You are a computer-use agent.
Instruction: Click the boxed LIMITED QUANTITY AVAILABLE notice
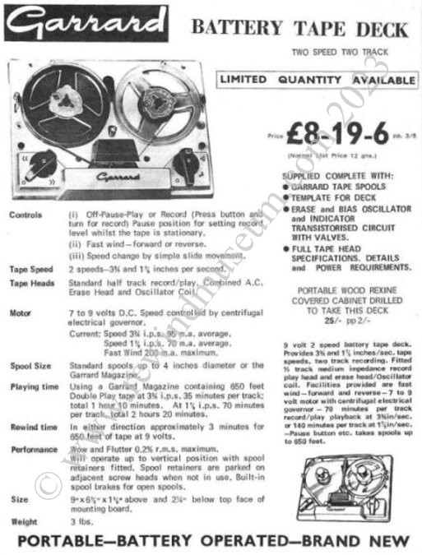pos(316,80)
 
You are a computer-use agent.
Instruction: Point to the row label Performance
pos(34,450)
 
